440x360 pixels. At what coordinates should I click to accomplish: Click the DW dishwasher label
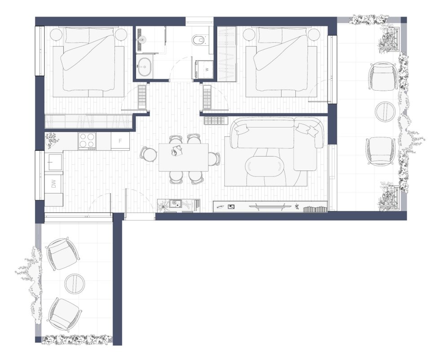tap(54, 184)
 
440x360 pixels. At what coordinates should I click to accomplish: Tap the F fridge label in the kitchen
tap(120, 141)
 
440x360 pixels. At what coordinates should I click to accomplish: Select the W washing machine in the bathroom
tap(205, 69)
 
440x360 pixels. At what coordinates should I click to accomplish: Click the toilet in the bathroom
tap(199, 40)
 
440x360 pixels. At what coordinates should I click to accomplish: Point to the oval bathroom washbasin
tap(145, 67)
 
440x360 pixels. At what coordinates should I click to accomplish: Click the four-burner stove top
tap(87, 140)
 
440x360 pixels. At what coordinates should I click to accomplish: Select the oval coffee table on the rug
tap(264, 166)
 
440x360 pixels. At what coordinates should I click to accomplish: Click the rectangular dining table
tap(184, 157)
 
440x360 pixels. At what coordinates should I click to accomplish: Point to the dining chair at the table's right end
tap(214, 159)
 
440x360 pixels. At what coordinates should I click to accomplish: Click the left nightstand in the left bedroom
tap(56, 35)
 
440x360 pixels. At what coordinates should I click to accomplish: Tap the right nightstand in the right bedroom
tap(314, 35)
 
